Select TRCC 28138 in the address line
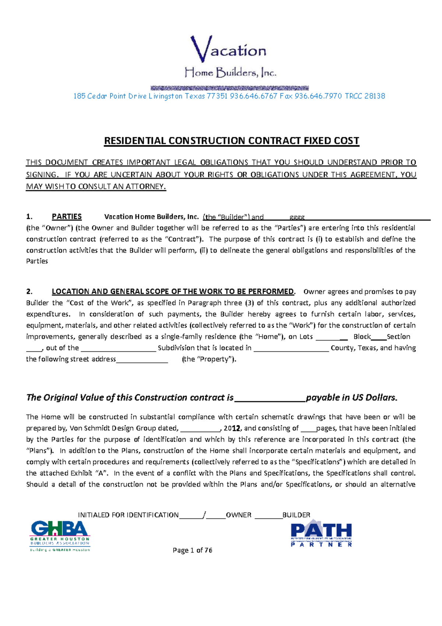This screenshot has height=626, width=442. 365,96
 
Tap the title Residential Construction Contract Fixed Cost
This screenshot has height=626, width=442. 231,141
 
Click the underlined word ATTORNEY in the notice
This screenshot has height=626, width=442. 145,187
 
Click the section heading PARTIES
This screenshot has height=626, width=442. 67,217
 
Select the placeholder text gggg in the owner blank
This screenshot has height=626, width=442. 297,217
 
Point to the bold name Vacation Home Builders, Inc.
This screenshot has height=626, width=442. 151,217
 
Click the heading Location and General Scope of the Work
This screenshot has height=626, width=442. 173,292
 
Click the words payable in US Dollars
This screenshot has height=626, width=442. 351,398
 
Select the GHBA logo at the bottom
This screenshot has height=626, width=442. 60,535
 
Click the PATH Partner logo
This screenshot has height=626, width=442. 321,533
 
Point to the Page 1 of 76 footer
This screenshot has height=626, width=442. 192,550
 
